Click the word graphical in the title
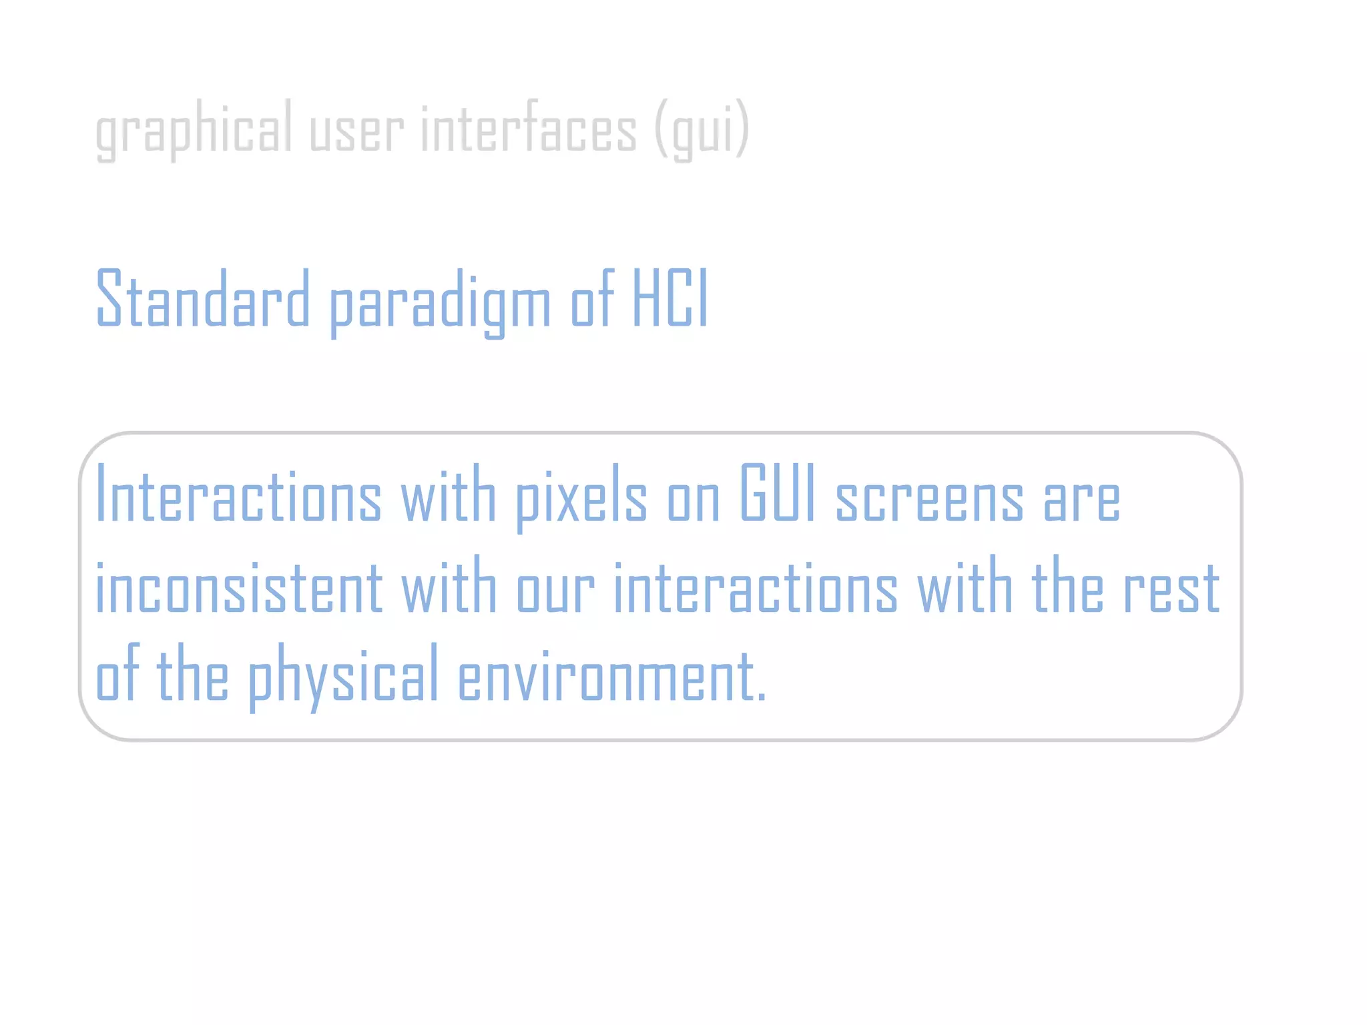pyautogui.click(x=194, y=130)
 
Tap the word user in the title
pyautogui.click(x=356, y=130)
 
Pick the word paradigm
pyautogui.click(x=441, y=304)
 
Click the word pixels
pyautogui.click(x=581, y=497)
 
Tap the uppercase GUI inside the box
pyautogui.click(x=778, y=494)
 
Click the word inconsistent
pyautogui.click(x=240, y=587)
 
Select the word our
pyautogui.click(x=555, y=591)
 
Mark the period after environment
pyautogui.click(x=762, y=697)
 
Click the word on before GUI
pyautogui.click(x=694, y=500)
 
